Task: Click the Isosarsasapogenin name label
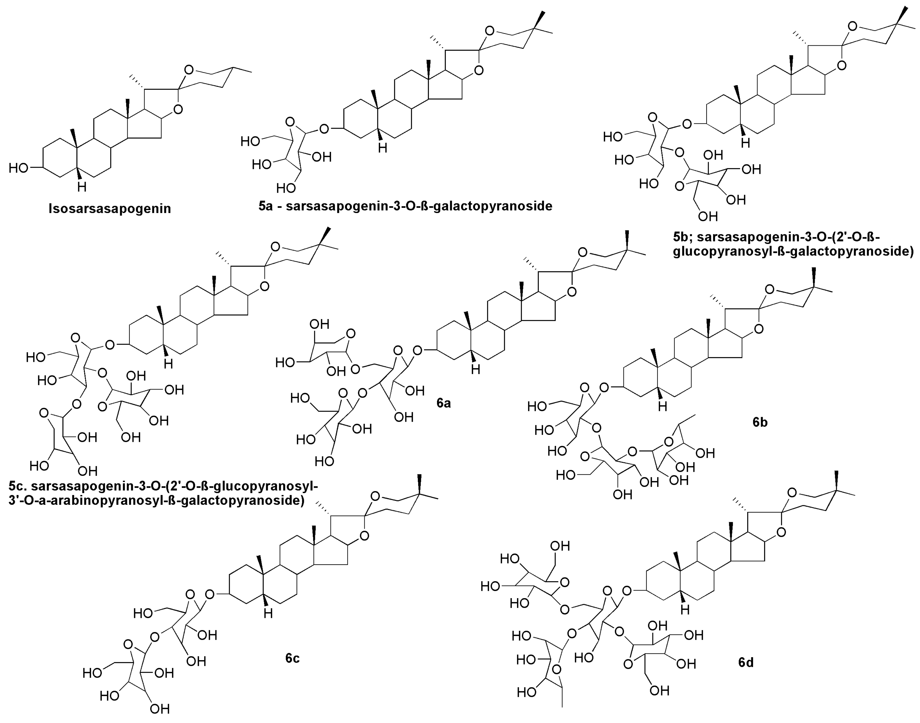click(110, 209)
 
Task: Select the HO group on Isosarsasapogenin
click(19, 168)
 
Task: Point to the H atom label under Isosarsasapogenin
click(82, 187)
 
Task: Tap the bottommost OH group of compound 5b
click(708, 216)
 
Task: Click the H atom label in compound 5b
click(745, 143)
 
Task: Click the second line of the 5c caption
click(156, 500)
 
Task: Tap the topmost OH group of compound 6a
click(319, 324)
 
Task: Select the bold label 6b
click(760, 422)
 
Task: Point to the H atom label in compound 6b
click(662, 406)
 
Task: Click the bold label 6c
click(292, 658)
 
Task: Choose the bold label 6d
click(746, 662)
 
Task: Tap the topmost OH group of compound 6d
click(560, 546)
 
